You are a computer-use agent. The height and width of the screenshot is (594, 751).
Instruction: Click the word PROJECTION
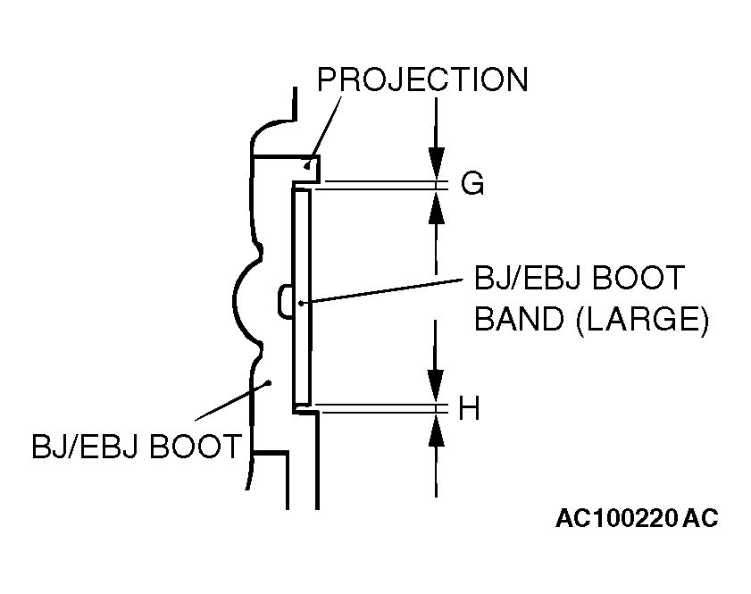[x=422, y=80]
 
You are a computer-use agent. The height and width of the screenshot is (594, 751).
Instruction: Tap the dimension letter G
[x=471, y=184]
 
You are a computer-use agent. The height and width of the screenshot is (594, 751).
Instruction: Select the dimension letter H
[x=470, y=409]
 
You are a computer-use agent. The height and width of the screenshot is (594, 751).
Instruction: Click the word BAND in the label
[x=516, y=319]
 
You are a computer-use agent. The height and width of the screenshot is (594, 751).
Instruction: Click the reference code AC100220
[x=615, y=519]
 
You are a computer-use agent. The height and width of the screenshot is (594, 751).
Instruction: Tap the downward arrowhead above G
[x=436, y=165]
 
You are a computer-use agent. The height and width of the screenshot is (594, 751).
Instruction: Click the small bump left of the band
[x=285, y=300]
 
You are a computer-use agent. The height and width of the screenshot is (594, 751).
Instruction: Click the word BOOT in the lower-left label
[x=196, y=446]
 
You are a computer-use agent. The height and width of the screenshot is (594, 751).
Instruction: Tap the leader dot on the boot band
[x=303, y=303]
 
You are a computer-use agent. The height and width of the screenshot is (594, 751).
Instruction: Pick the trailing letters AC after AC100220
[x=700, y=519]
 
